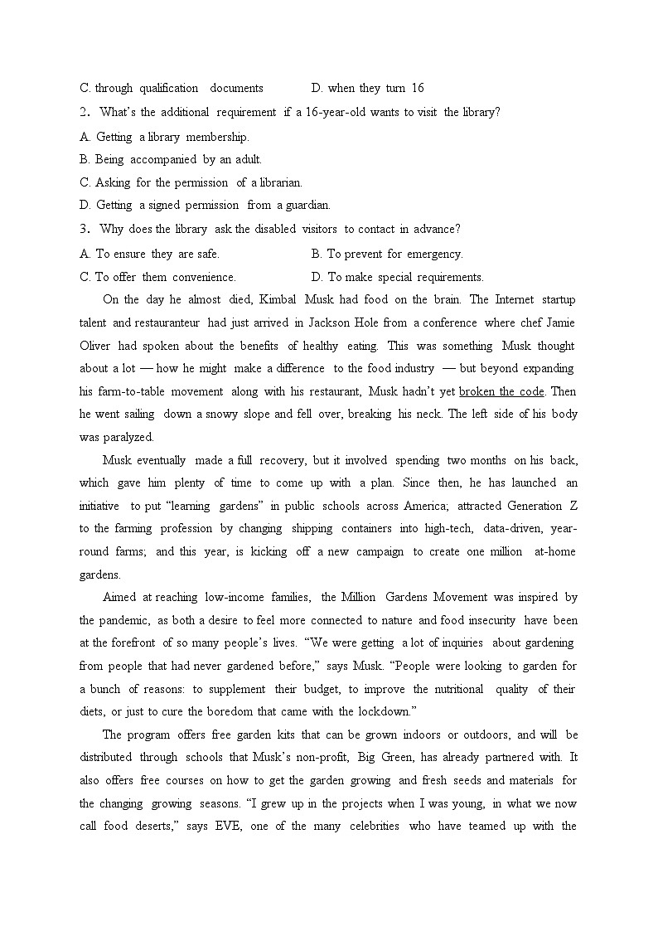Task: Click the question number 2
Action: tap(84, 112)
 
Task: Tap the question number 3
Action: tap(84, 229)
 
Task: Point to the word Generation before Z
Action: tap(534, 506)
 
